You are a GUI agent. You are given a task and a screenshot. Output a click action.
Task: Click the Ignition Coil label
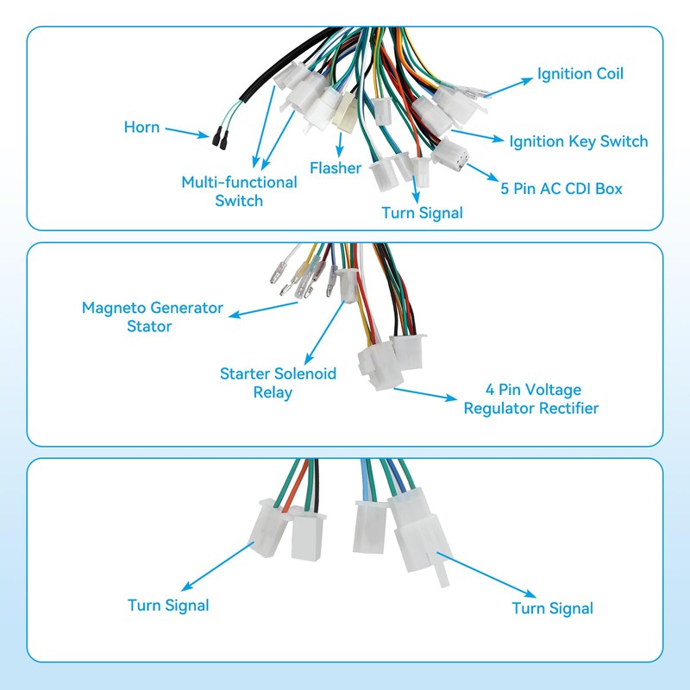(580, 74)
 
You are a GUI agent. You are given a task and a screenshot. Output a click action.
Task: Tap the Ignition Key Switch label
(578, 141)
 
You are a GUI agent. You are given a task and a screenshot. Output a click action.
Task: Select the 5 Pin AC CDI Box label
(561, 188)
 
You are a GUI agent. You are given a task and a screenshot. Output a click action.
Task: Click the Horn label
(141, 128)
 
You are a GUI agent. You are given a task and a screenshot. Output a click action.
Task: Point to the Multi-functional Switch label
(239, 191)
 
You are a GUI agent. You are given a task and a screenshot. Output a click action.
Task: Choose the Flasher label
(336, 168)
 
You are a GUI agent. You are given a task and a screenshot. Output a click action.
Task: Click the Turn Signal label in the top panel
(422, 212)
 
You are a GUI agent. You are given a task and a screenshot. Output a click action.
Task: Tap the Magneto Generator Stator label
(152, 317)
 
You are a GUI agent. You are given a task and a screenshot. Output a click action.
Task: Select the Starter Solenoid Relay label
(278, 383)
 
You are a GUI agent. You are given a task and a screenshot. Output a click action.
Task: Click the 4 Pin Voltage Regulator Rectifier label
(530, 399)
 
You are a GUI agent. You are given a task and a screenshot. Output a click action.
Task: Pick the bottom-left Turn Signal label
(168, 605)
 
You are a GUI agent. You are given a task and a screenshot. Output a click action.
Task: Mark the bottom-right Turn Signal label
(552, 608)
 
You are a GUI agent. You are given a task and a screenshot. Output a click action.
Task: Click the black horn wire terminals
(219, 135)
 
